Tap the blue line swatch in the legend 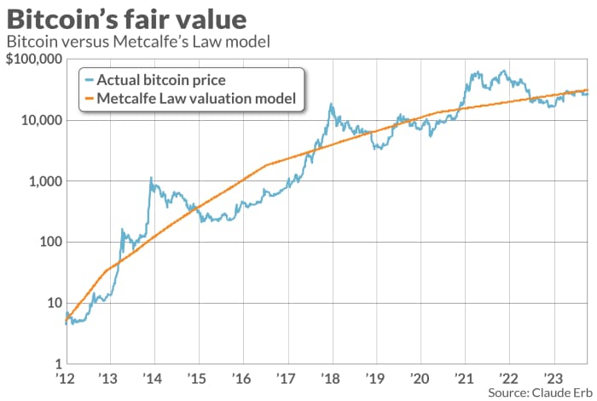click(89, 80)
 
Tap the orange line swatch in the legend click(89, 100)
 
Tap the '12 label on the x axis click(65, 378)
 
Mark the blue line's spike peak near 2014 click(151, 178)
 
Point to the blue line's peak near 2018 click(331, 105)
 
